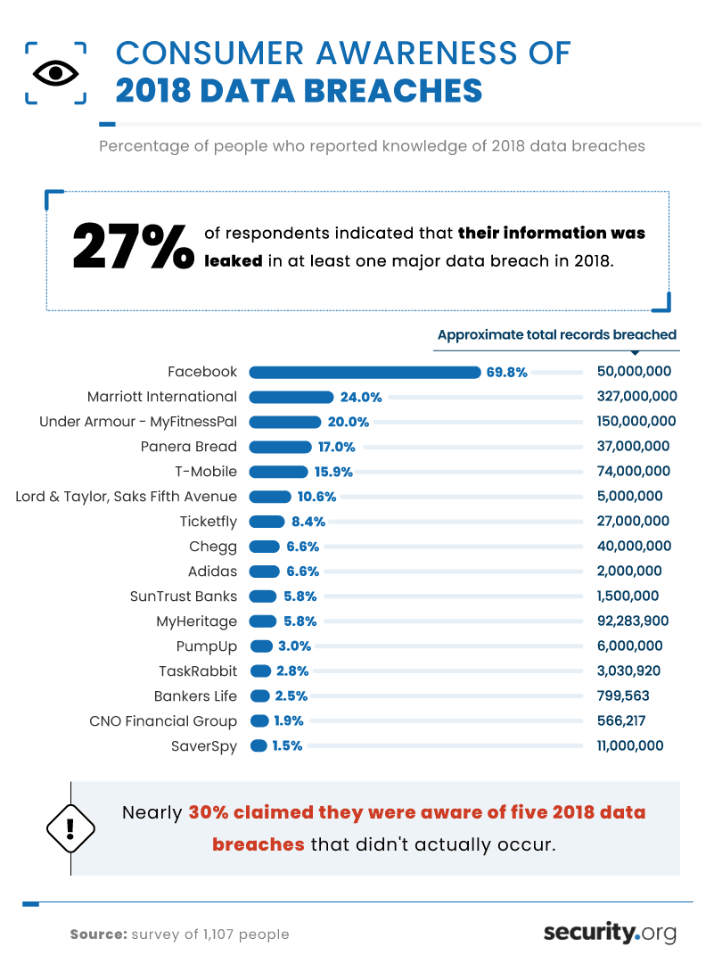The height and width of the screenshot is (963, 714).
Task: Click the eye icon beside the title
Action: (55, 72)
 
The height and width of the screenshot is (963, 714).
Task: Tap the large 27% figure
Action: (132, 246)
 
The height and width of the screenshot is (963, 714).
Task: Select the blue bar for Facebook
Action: (365, 372)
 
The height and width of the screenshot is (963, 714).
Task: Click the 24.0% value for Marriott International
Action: (360, 397)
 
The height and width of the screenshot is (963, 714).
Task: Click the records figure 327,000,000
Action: (636, 397)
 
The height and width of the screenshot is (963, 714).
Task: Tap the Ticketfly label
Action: (208, 522)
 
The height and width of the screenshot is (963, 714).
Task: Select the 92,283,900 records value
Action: (635, 621)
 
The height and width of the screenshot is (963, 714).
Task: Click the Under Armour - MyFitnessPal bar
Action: (285, 422)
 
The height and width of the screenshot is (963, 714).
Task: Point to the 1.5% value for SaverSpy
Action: (287, 746)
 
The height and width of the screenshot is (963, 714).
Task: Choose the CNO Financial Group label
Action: (163, 721)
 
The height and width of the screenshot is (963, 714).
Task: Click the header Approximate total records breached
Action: (556, 335)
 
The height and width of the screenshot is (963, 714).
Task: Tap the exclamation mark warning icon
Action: (70, 828)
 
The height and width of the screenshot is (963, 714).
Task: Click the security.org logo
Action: (610, 933)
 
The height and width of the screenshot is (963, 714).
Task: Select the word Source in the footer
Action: (98, 934)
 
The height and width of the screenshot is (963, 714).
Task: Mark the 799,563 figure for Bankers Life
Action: (628, 696)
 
